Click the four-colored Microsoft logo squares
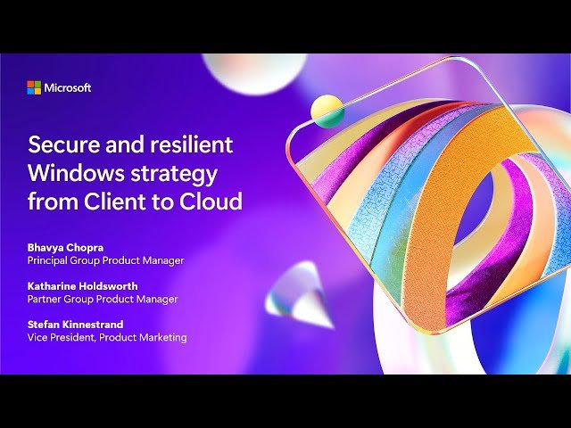34,87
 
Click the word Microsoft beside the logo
68,87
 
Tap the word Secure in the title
60,144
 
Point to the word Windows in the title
70,172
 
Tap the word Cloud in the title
211,201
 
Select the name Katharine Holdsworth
83,285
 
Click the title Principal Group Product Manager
105,260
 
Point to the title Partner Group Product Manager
103,299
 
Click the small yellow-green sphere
327,111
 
